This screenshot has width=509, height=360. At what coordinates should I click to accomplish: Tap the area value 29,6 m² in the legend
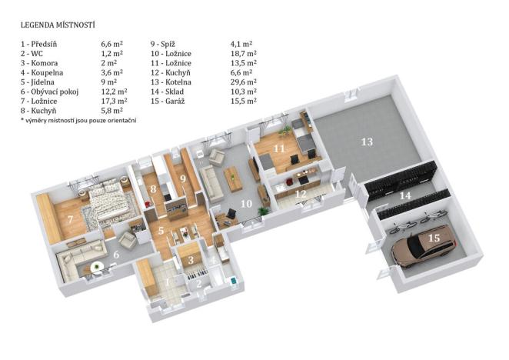tap(243, 81)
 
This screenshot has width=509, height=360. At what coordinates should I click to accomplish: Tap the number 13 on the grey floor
tap(367, 142)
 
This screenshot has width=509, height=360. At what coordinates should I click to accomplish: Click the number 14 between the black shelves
tap(404, 197)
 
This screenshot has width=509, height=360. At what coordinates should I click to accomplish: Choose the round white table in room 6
tap(97, 268)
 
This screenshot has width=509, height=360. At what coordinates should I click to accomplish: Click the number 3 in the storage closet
tap(191, 260)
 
